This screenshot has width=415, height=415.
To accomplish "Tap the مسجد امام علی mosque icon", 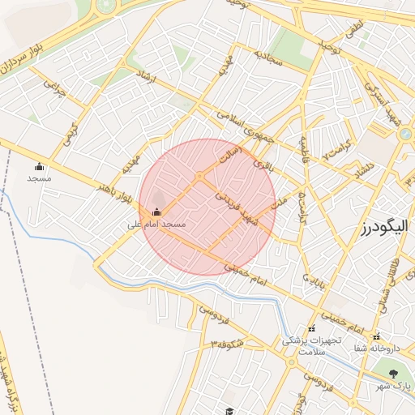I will [x=156, y=212].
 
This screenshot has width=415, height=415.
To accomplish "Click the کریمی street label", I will [x=71, y=132].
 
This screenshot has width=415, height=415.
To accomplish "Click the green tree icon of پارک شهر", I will [x=394, y=374].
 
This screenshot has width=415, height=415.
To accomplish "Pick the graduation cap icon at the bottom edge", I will [x=229, y=412].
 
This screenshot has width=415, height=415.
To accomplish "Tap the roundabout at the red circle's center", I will [x=199, y=176].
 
